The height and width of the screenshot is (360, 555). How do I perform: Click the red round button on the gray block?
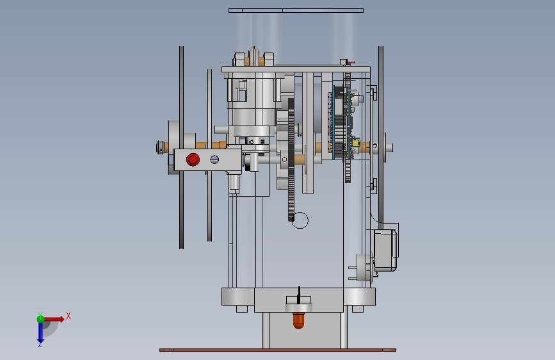[193, 160]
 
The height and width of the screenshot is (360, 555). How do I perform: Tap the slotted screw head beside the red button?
[214, 160]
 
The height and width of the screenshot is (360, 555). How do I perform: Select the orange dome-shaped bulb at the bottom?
[298, 321]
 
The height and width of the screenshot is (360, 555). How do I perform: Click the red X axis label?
[68, 316]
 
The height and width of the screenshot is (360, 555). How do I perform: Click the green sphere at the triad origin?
[40, 319]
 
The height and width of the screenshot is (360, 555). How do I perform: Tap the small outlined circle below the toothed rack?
[300, 220]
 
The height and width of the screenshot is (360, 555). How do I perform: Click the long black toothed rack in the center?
[291, 160]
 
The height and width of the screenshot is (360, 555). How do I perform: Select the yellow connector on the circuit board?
[356, 144]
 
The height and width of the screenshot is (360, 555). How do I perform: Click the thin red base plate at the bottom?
[278, 350]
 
